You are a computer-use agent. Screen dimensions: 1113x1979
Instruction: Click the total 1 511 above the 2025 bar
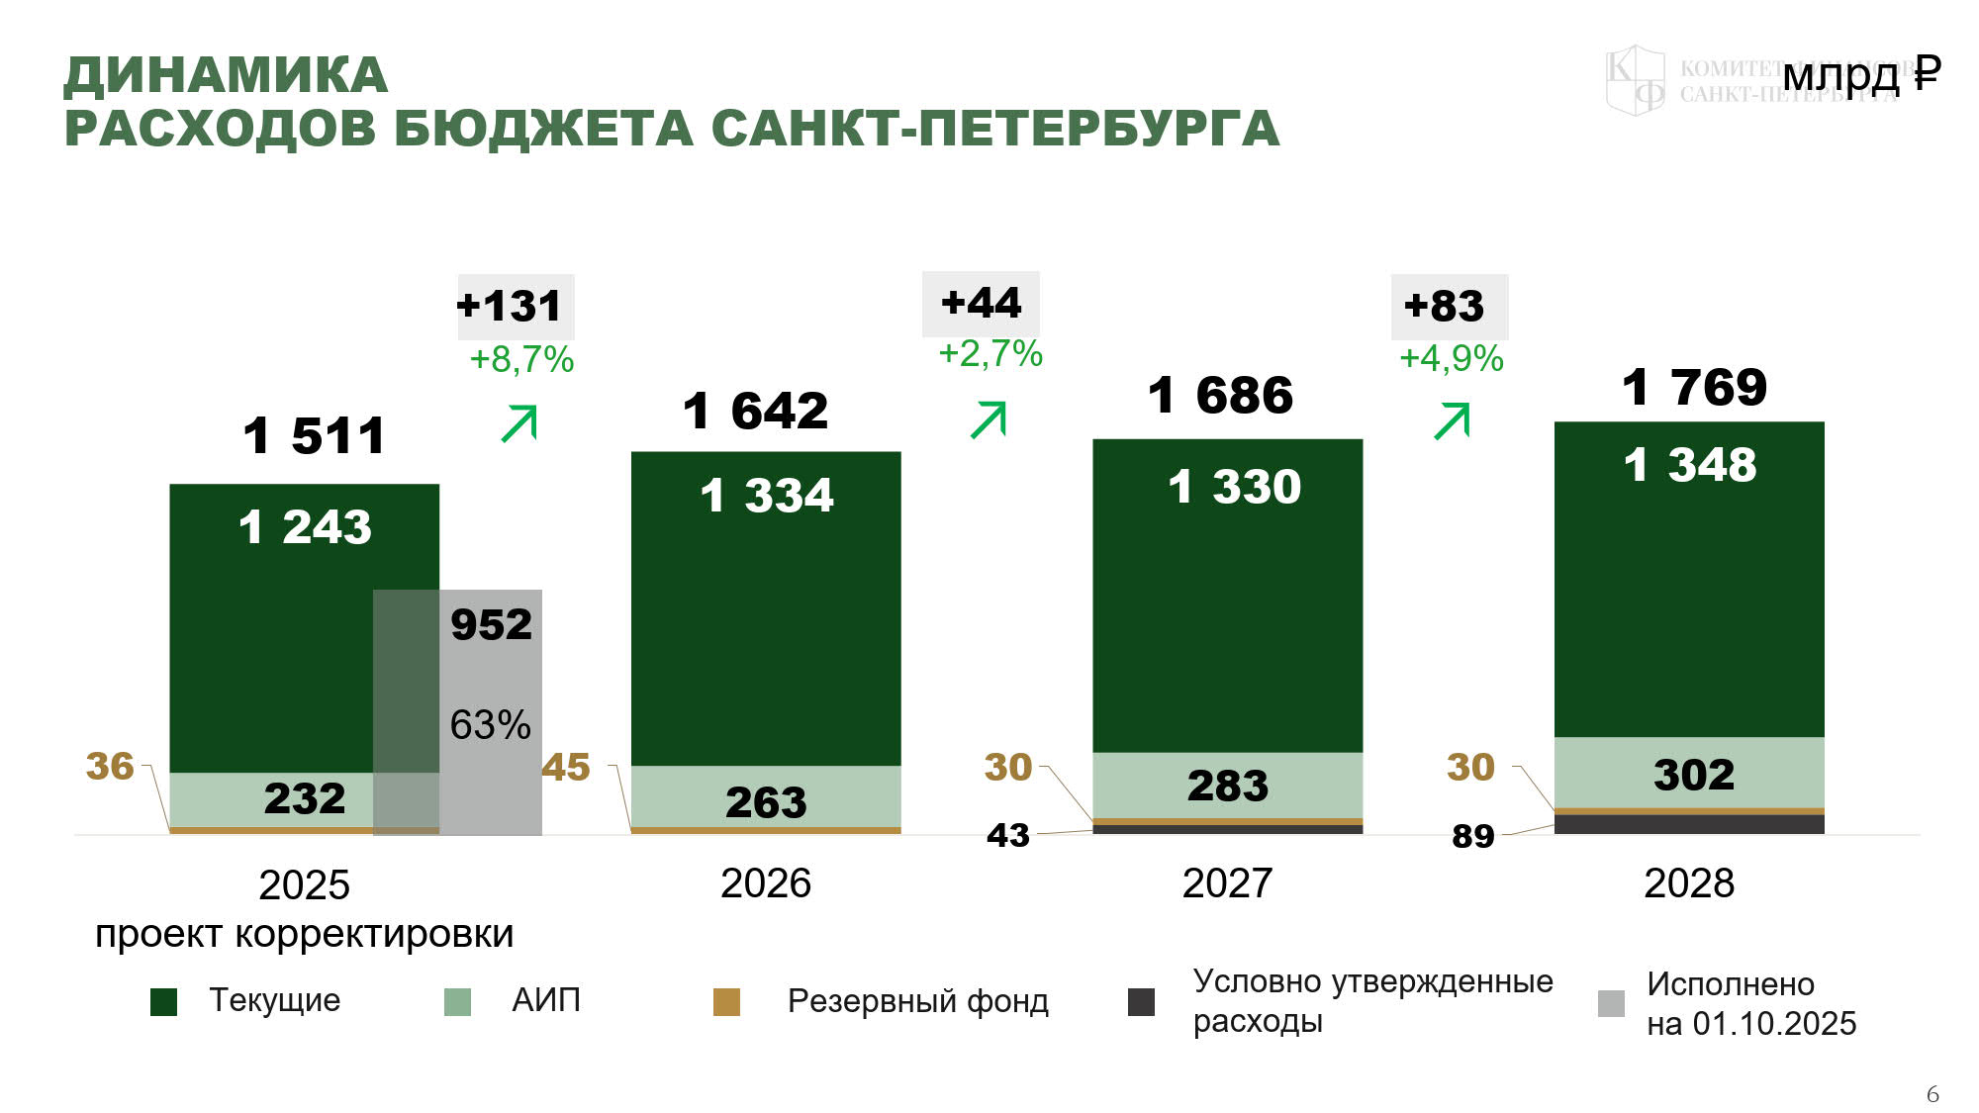[314, 436]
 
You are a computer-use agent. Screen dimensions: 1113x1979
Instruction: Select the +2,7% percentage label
[990, 354]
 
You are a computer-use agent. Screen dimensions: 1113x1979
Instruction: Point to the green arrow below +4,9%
[1452, 420]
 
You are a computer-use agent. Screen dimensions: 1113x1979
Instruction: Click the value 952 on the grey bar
[491, 624]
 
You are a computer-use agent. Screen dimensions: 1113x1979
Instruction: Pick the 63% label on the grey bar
[490, 725]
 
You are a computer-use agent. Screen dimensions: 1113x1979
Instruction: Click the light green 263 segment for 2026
[766, 800]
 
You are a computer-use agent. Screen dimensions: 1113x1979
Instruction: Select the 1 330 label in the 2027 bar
[1234, 487]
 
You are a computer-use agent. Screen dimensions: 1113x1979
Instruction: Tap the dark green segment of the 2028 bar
[1689, 594]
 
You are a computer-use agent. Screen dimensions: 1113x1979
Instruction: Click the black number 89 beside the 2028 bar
[1472, 837]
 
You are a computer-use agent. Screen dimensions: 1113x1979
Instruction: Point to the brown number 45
[566, 768]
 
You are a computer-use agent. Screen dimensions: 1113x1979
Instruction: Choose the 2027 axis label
[1227, 883]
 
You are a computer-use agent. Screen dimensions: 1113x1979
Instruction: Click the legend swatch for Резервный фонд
[726, 1002]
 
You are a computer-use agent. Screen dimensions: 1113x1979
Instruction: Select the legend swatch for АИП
[457, 1002]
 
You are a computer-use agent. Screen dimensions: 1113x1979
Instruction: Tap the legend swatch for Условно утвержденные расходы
[1141, 1002]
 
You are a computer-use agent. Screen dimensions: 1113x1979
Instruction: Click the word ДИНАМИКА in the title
[227, 76]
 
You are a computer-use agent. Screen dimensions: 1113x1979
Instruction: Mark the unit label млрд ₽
[1861, 74]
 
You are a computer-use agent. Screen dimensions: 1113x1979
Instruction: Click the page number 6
[1932, 1094]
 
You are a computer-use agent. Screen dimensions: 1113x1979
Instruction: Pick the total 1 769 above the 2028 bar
[1694, 387]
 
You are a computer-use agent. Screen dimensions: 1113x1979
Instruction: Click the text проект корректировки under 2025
[304, 934]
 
